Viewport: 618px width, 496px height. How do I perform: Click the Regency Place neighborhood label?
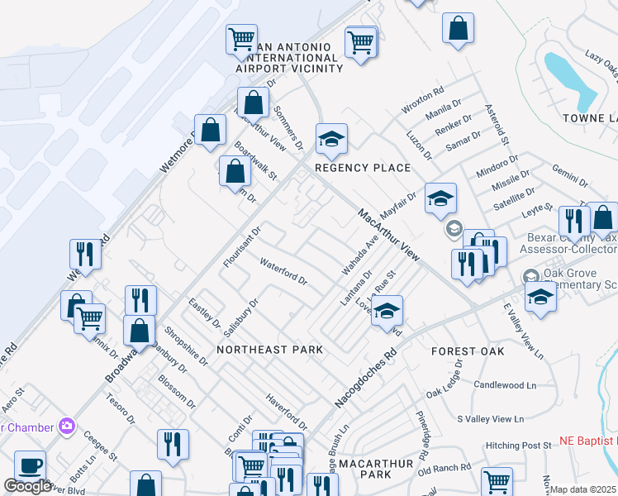click(x=362, y=168)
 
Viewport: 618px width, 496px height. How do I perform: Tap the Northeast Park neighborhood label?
click(x=269, y=350)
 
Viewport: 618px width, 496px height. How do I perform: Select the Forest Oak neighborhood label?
click(x=468, y=351)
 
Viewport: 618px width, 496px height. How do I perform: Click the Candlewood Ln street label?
click(x=505, y=385)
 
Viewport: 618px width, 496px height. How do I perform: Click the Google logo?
click(x=28, y=486)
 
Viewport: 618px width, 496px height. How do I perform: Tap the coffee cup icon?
click(x=31, y=465)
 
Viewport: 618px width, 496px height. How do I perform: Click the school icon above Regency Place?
click(x=331, y=139)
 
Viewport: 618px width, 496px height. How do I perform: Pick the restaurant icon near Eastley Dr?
click(x=140, y=300)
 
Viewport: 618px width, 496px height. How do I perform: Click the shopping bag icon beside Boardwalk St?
click(x=236, y=172)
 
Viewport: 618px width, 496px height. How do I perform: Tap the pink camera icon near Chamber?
click(x=67, y=427)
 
